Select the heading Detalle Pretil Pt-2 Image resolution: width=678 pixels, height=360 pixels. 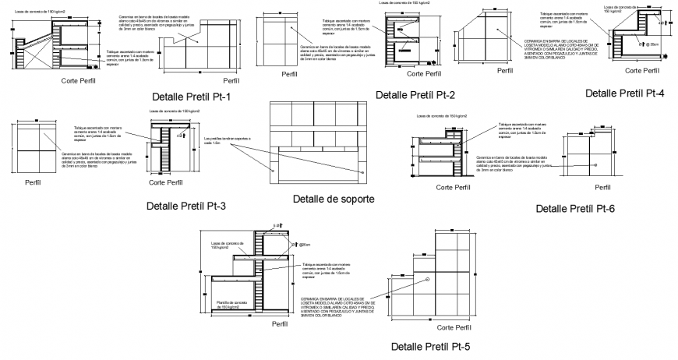(415, 95)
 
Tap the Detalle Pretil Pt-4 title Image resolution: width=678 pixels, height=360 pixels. (624, 93)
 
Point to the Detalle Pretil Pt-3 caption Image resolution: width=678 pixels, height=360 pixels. (186, 206)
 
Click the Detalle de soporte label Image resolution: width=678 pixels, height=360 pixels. (334, 199)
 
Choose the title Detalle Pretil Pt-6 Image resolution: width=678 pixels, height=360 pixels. (576, 208)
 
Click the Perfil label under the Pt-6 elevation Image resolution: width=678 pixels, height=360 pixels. (603, 188)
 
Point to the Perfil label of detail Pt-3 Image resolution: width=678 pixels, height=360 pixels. (34, 184)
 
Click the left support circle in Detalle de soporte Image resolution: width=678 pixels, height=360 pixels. (273, 170)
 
